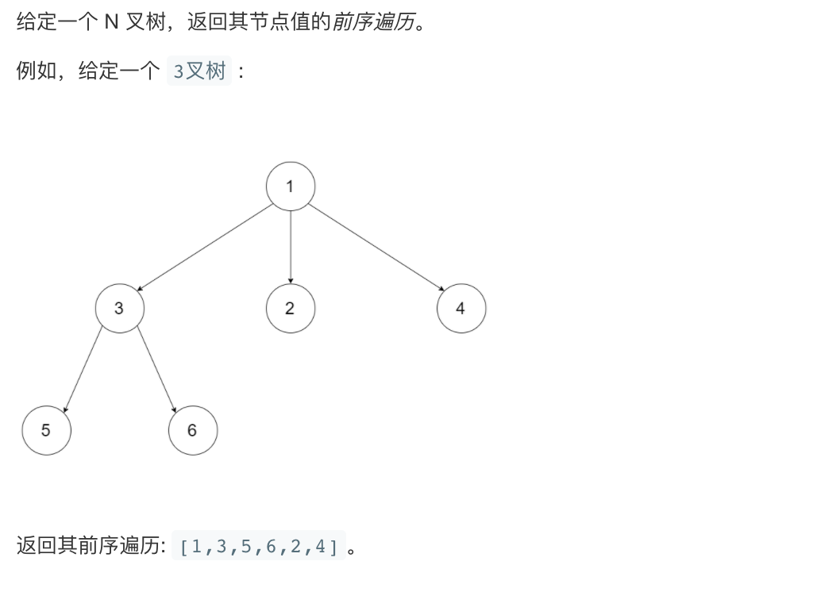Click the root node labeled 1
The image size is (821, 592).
coord(291,186)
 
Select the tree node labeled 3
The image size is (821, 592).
coord(119,309)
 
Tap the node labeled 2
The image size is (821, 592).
coord(291,309)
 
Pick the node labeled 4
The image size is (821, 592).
coord(461,309)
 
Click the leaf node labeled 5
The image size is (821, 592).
coord(46,430)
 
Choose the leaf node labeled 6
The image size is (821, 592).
coord(192,430)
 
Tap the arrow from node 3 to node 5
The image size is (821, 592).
coord(83,369)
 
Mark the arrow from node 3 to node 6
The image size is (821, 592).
coord(156,369)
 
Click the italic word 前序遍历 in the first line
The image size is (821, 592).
coord(373,21)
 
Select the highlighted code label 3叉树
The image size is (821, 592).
coord(199,71)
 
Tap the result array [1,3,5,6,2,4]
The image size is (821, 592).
coord(259,546)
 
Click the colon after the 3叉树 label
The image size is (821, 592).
coord(241,71)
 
